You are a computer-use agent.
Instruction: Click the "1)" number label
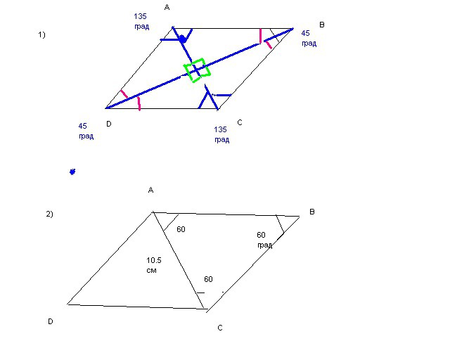coord(41,35)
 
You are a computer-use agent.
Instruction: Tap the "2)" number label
coord(49,214)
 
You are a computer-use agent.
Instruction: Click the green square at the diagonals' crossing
coord(197,70)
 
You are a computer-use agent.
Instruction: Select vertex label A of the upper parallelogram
coord(167,7)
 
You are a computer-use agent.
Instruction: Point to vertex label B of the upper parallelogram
coord(322,25)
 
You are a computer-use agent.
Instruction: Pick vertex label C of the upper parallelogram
coord(240,122)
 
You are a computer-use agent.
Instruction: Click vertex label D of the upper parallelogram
coord(109,124)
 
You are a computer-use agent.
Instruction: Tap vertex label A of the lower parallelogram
coord(151,190)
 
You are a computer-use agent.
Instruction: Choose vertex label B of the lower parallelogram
coord(312,212)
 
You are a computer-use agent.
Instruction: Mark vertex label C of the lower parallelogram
coord(220,328)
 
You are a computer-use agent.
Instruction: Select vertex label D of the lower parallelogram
coord(50,321)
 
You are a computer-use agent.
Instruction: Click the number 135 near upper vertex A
coord(141,16)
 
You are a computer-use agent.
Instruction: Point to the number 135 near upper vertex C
coord(220,129)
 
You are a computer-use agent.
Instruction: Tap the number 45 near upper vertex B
coord(306,33)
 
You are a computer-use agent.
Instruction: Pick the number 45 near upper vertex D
coord(83,126)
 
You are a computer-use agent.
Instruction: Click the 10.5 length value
coord(154,260)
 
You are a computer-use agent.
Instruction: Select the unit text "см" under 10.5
coord(152,271)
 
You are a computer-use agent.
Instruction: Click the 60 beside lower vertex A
coord(181,229)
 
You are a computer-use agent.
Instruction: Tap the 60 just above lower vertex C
coord(208,279)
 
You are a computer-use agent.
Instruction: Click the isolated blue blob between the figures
coord(72,172)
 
